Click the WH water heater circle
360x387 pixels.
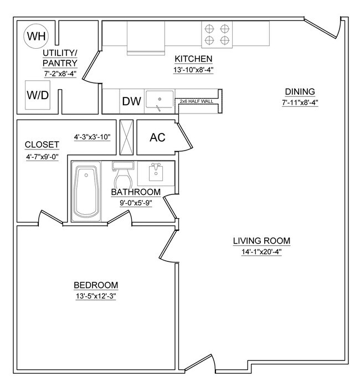point(37,37)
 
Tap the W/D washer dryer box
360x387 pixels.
point(38,95)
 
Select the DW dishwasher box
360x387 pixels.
point(132,101)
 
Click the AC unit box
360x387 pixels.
point(158,137)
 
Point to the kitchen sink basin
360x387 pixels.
point(160,101)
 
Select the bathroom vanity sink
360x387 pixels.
point(156,174)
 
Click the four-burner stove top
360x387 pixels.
point(217,34)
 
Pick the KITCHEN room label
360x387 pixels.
point(194,59)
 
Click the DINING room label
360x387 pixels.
point(299,92)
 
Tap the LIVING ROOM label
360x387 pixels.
point(261,241)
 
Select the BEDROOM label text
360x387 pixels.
point(96,285)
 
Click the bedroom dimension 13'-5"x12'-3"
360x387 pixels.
point(96,296)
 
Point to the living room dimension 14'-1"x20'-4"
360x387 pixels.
point(261,251)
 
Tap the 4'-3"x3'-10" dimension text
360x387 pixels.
point(92,137)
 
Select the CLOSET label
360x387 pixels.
point(42,145)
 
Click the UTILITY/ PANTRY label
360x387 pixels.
point(59,58)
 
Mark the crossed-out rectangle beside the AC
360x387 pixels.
point(127,138)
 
